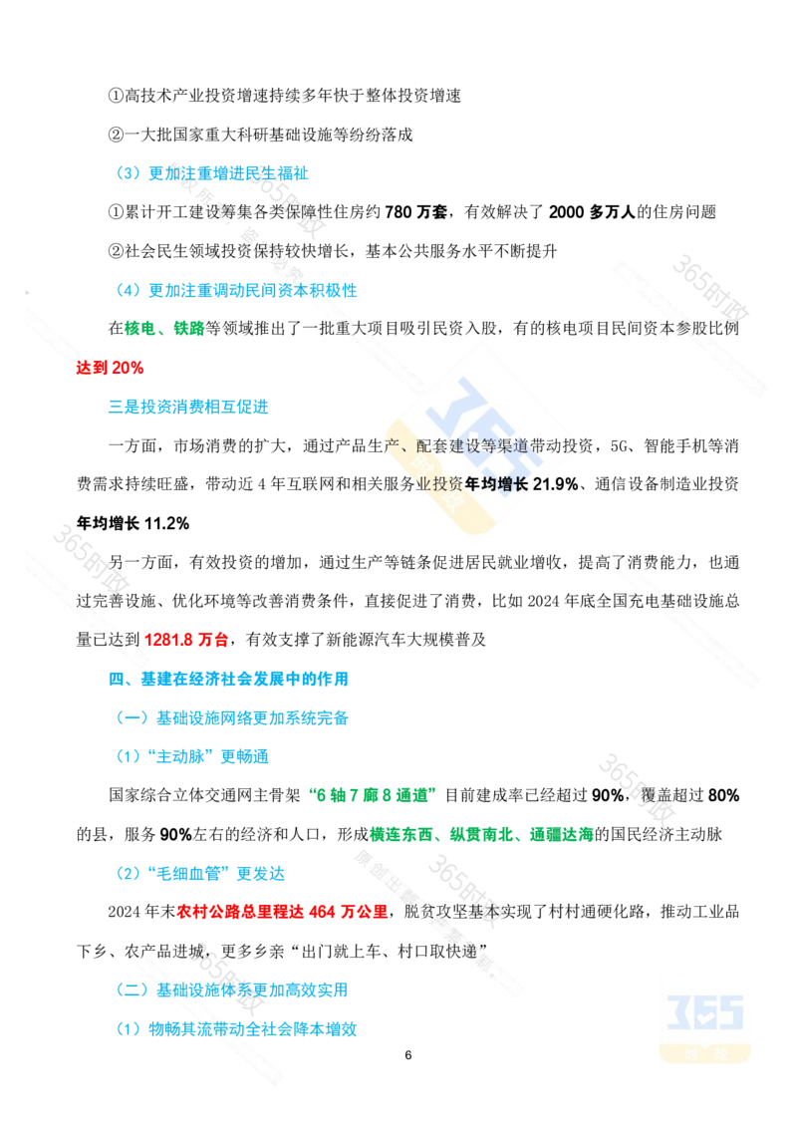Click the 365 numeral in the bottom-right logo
coord(704,1011)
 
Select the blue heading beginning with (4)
coord(236,291)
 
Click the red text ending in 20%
coord(111,367)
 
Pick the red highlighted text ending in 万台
coord(187,641)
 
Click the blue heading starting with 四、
coord(228,680)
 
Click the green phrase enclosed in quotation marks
coord(371,795)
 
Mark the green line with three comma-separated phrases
coord(480,834)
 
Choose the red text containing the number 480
coord(282,912)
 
